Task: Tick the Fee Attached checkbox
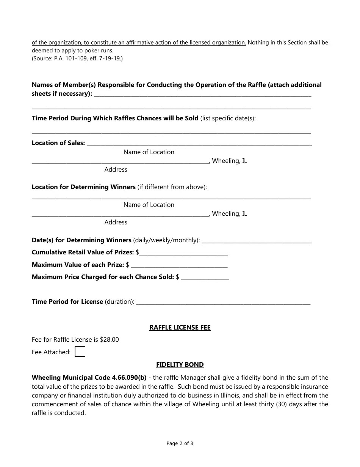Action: click(80, 352)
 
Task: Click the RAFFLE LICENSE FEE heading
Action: click(180, 327)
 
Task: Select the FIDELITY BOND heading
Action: click(180, 364)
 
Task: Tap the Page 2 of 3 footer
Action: click(180, 443)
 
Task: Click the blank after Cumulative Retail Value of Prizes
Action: click(183, 252)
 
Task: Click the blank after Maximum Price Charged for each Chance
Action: click(205, 277)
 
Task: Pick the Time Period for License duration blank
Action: click(223, 302)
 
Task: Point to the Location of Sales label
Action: click(58, 143)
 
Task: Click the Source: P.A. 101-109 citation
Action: click(77, 58)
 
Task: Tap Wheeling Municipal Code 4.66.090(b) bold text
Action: click(89, 377)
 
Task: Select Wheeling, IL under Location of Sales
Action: click(230, 161)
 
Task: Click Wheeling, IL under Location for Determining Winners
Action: click(230, 213)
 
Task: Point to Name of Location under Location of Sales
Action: click(149, 152)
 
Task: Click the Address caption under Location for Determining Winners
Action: click(116, 222)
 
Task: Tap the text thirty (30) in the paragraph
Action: click(274, 404)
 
